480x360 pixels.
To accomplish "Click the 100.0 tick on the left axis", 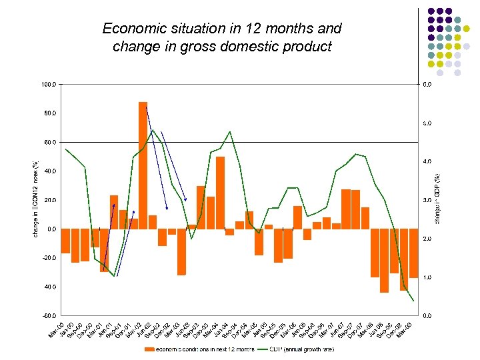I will click(x=50, y=85).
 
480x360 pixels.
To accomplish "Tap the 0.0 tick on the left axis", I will click(x=51, y=229).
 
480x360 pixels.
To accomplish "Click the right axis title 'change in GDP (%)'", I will click(x=437, y=187).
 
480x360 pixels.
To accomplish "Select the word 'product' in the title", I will click(x=307, y=47).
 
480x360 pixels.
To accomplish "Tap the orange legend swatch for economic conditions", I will click(x=151, y=349).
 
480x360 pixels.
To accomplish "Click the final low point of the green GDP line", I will click(x=413, y=301).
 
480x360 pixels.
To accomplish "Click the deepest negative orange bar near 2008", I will click(x=384, y=260).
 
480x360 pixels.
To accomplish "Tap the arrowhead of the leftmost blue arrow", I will click(x=114, y=205).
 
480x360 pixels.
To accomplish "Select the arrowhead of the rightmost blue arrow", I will click(x=186, y=199).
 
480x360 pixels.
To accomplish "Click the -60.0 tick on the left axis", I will click(x=50, y=315).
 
